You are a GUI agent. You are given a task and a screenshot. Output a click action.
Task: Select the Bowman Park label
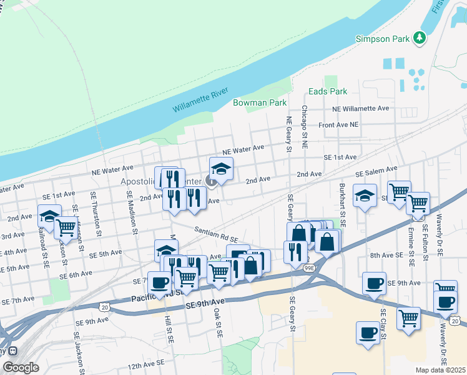coord(259,102)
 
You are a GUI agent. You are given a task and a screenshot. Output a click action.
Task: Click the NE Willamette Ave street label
coord(361,108)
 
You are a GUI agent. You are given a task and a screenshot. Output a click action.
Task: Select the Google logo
coord(21,367)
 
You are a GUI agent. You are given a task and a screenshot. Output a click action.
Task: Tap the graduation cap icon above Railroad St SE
coord(49,216)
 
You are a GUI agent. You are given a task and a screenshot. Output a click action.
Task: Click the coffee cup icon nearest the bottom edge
coord(368,332)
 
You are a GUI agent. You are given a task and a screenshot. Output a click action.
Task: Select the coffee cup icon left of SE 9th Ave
coord(374,283)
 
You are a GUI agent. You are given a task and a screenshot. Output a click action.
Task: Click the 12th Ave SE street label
coord(146,362)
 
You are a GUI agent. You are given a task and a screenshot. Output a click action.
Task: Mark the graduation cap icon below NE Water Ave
coord(220,168)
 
